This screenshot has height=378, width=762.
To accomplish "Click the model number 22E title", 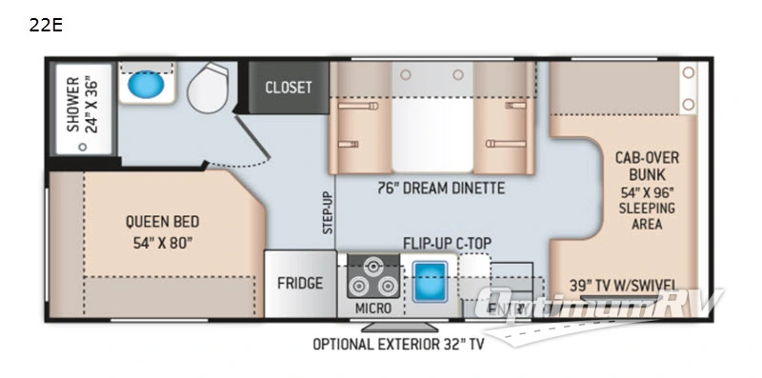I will click(x=46, y=25).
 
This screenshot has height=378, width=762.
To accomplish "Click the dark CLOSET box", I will click(x=288, y=88).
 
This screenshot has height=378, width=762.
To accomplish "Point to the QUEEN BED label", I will click(x=161, y=221).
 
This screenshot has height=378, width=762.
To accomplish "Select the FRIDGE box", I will click(x=300, y=283).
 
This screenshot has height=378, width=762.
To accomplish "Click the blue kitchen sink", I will click(x=431, y=278).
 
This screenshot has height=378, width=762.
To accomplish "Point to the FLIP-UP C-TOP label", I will click(x=446, y=242).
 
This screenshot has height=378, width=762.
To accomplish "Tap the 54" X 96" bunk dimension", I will click(x=632, y=191).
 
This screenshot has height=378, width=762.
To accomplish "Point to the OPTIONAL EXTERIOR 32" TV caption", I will click(x=398, y=344).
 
